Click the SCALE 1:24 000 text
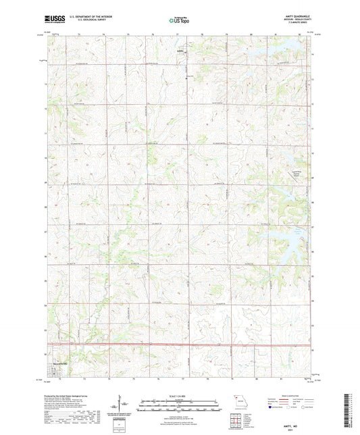pos(179,396)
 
